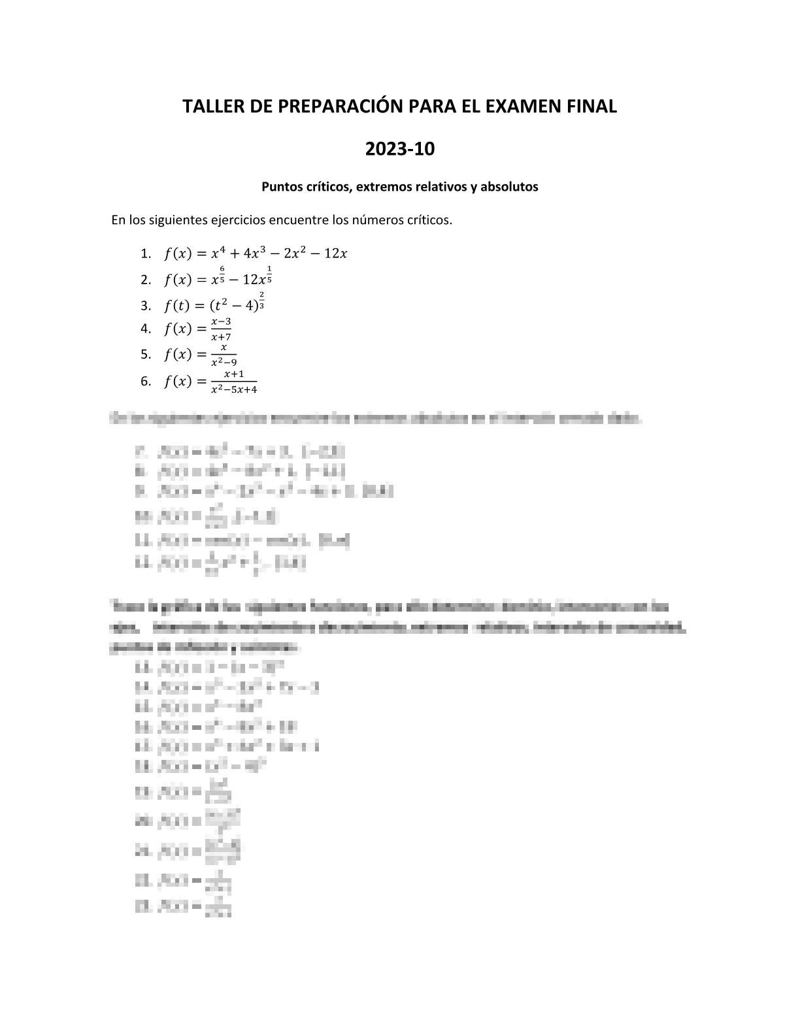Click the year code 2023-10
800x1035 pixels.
[x=399, y=150]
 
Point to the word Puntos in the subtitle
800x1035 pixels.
[x=282, y=187]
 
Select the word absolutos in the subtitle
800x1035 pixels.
[x=510, y=187]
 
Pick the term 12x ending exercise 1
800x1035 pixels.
[x=335, y=254]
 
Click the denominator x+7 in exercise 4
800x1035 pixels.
[x=221, y=337]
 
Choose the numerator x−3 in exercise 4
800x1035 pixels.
[x=221, y=322]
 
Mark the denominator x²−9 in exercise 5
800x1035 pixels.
[x=224, y=362]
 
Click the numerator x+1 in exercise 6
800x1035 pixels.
[x=234, y=374]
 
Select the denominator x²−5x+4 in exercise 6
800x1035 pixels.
[x=234, y=389]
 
